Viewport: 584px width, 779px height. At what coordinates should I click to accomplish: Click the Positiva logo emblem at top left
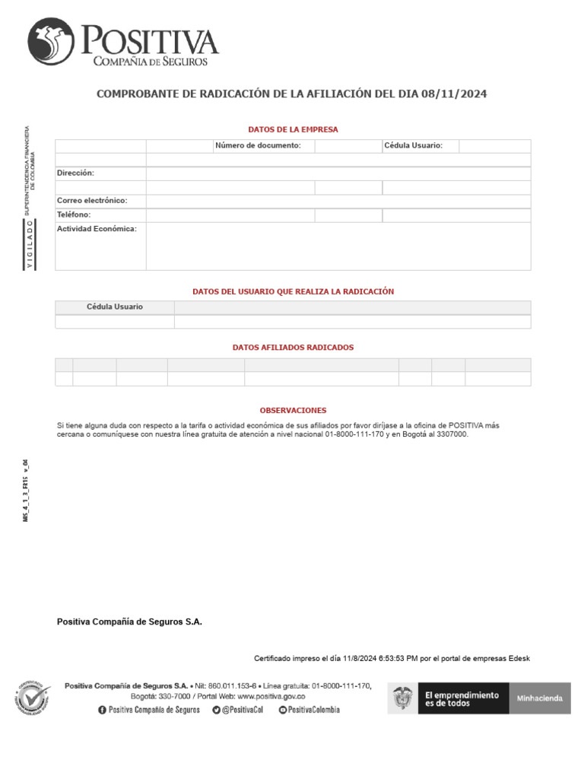point(52,42)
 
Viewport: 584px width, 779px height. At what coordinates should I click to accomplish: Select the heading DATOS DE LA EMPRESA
point(293,129)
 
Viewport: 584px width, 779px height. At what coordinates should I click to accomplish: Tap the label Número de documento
point(258,145)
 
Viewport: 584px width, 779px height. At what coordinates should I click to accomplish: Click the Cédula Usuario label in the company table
point(413,145)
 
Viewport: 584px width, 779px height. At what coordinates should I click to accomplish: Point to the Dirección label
point(75,173)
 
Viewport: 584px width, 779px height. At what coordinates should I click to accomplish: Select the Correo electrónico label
point(92,201)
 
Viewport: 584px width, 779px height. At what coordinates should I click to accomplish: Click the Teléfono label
point(74,215)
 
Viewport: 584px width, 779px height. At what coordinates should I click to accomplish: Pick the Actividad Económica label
point(97,228)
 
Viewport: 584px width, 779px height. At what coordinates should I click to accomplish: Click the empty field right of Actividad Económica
point(338,246)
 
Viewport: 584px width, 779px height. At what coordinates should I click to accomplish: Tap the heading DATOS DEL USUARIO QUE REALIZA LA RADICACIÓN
point(293,291)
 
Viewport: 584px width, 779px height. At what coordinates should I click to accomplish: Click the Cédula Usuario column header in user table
point(115,307)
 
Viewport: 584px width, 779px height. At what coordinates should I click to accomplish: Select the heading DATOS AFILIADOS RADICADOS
point(293,347)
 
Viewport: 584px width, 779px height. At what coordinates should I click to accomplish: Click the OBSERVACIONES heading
point(293,410)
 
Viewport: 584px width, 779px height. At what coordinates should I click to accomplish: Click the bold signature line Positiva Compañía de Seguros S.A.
point(129,622)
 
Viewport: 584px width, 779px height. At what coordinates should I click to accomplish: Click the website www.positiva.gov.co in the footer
point(271,696)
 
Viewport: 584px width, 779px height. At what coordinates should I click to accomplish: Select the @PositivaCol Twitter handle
point(243,710)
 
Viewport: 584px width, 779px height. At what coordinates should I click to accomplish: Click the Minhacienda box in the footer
point(540,698)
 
